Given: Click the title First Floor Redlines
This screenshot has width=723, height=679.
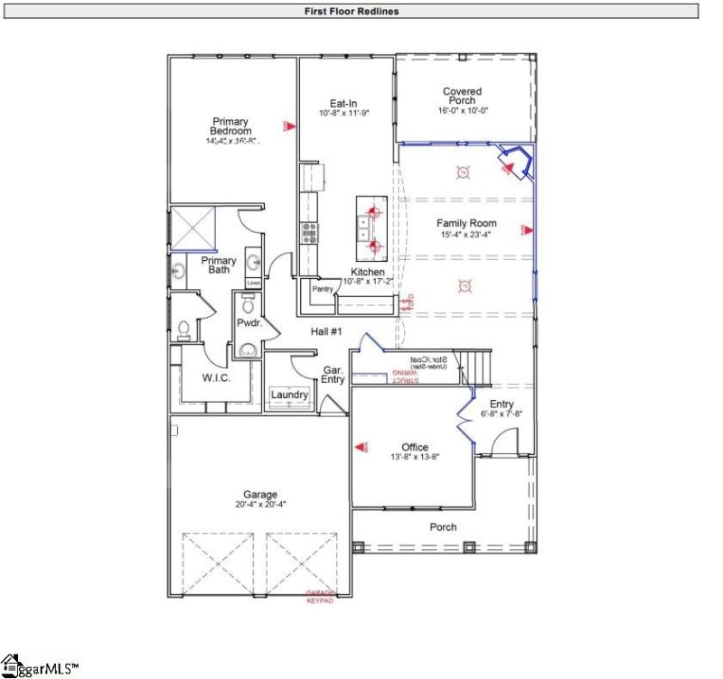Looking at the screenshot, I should (352, 12).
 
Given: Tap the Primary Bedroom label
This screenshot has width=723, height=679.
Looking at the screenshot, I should (230, 126).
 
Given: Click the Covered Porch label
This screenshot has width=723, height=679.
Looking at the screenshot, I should (462, 96).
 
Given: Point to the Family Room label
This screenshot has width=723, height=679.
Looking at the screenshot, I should (466, 223).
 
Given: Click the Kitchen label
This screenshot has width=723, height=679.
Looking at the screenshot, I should (368, 272).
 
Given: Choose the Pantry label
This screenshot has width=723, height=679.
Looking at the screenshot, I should (323, 290).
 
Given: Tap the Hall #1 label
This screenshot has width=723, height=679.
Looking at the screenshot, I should (325, 332).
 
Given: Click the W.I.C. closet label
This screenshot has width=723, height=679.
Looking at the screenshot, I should (215, 377).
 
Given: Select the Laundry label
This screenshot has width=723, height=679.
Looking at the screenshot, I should (289, 395).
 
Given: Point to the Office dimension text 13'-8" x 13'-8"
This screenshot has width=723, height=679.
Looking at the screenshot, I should (415, 458).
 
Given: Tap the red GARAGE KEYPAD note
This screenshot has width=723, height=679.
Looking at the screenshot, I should (319, 597).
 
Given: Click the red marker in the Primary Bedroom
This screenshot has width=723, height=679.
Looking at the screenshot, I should (288, 126).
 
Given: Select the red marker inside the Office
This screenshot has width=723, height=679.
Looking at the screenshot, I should (361, 446).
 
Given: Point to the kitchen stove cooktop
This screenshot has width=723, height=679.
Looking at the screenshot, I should (309, 232).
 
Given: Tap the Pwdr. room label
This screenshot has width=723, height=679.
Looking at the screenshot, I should (249, 321).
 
